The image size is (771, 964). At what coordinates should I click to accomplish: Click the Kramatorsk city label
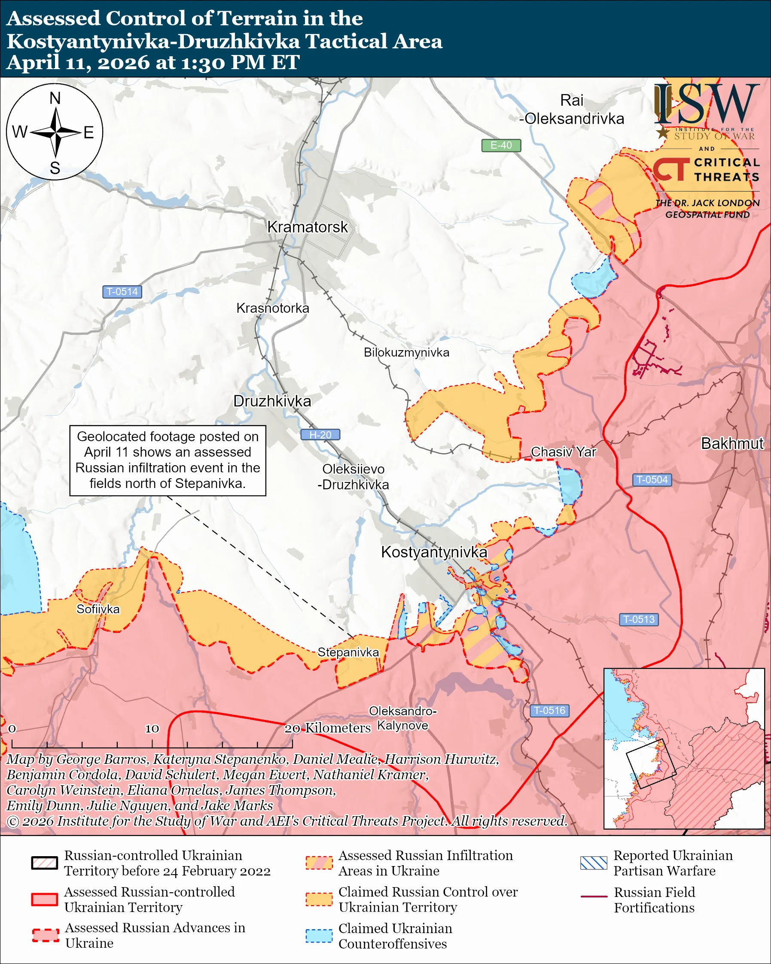307,227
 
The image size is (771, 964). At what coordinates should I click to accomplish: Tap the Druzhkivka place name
272,401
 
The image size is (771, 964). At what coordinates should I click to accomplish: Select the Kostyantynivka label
433,552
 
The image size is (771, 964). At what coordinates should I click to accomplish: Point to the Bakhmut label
731,443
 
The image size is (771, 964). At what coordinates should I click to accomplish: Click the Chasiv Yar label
563,452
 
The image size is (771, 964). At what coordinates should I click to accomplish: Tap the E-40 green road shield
500,145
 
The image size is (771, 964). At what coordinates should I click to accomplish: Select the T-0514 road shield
122,292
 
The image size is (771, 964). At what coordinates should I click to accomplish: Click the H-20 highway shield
320,435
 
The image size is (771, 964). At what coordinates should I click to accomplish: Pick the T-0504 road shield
652,480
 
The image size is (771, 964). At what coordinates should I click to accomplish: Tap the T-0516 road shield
549,711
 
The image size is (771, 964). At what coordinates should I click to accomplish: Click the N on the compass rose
55,98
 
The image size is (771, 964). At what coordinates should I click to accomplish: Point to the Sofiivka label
98,610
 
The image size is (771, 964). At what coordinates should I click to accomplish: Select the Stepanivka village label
348,653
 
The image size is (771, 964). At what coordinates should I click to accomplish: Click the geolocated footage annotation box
168,460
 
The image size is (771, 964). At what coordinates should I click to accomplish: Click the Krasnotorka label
273,308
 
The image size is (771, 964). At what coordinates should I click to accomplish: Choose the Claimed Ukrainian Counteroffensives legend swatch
319,936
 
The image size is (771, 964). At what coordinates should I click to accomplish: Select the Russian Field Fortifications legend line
594,897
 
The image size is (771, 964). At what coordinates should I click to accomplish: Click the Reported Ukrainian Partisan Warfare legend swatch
594,863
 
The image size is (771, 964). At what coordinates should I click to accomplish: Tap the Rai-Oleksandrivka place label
572,110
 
